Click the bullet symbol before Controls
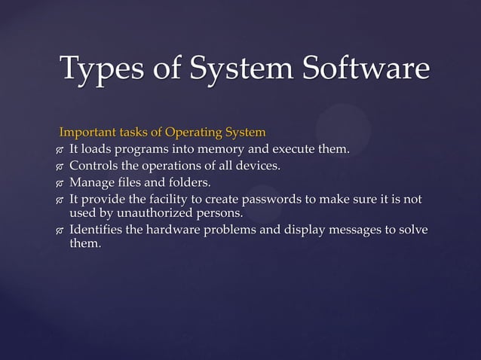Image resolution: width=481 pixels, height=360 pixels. coord(59,167)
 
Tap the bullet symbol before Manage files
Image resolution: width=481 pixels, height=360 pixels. coord(59,184)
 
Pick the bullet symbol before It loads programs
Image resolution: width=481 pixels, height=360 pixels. coord(59,151)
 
